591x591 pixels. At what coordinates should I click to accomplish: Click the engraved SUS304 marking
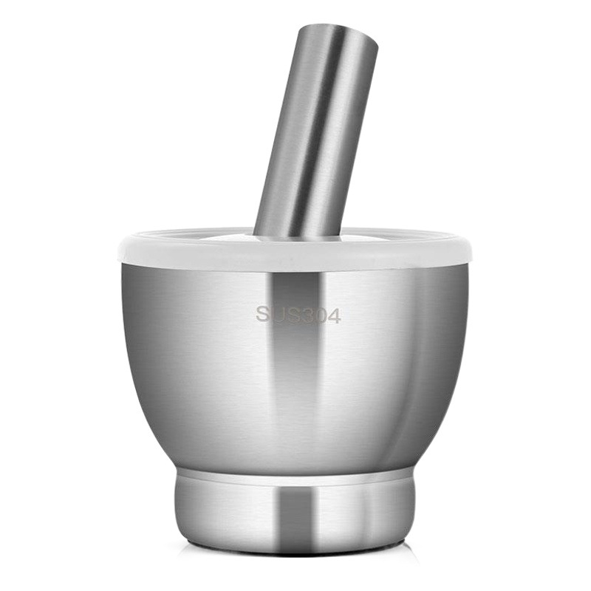[298, 315]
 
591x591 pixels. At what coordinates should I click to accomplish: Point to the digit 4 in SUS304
[334, 315]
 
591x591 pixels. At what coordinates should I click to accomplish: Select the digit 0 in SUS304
[320, 315]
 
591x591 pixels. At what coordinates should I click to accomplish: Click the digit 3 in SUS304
[306, 315]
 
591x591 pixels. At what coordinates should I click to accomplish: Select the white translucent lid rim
[295, 255]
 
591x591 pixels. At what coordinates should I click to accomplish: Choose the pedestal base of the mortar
[295, 510]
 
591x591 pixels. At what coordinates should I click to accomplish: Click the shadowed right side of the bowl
[436, 355]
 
